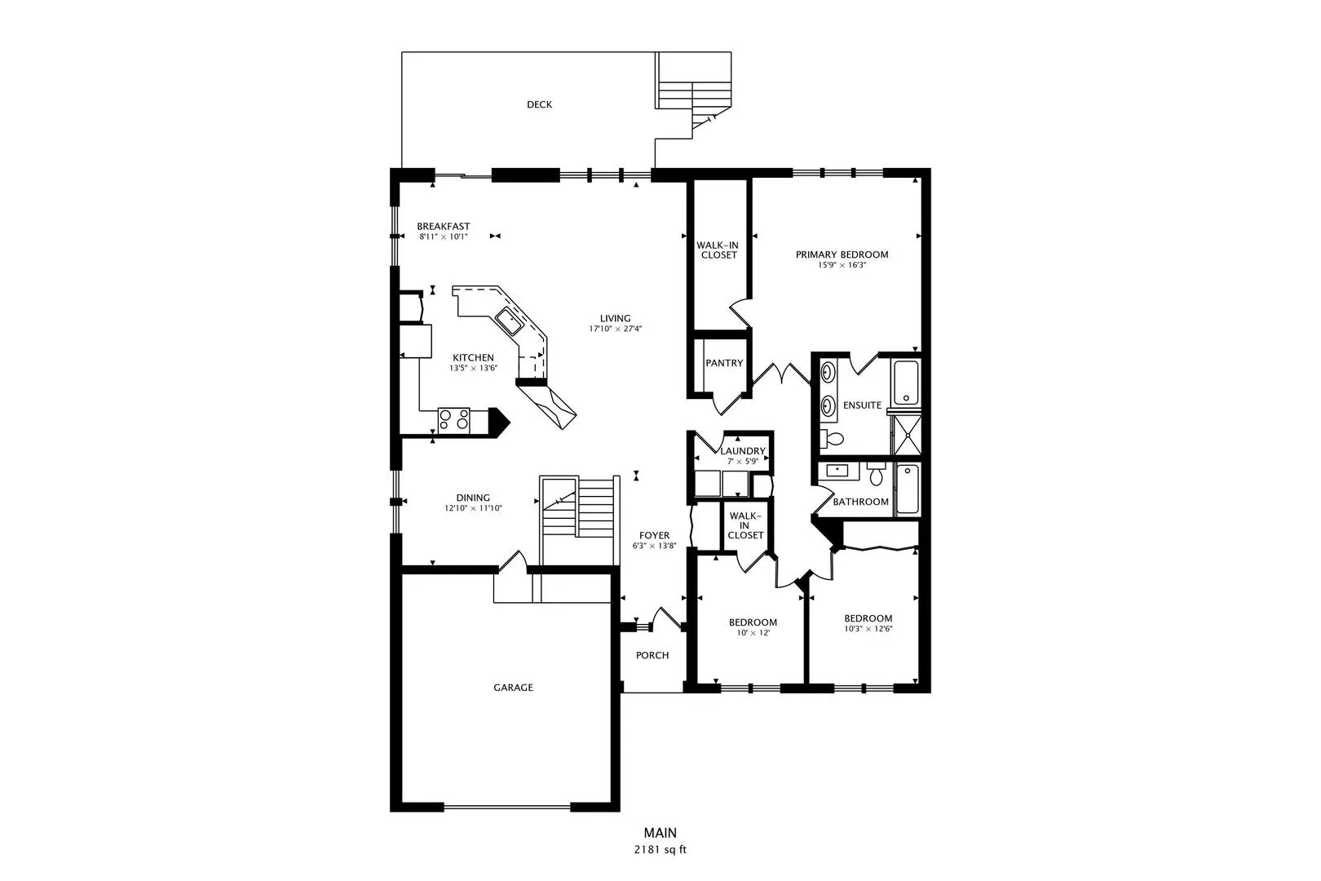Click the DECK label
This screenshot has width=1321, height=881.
click(539, 104)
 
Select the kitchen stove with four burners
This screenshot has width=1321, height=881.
click(453, 419)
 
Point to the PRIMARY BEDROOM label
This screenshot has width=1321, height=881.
click(842, 255)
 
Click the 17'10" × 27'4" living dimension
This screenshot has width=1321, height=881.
click(616, 330)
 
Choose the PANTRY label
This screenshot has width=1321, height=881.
click(724, 363)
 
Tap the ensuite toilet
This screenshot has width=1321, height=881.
click(833, 439)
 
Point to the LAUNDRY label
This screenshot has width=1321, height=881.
click(743, 451)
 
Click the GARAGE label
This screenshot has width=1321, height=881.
click(513, 688)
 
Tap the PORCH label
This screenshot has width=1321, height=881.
click(652, 655)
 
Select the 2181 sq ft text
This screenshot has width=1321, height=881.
click(660, 850)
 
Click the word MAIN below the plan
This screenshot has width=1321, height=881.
click(660, 833)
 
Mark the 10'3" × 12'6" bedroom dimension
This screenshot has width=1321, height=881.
click(868, 629)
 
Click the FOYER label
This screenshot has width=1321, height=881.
click(654, 536)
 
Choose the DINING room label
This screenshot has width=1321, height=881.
click(473, 498)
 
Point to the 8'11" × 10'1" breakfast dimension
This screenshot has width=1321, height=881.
click(444, 237)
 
